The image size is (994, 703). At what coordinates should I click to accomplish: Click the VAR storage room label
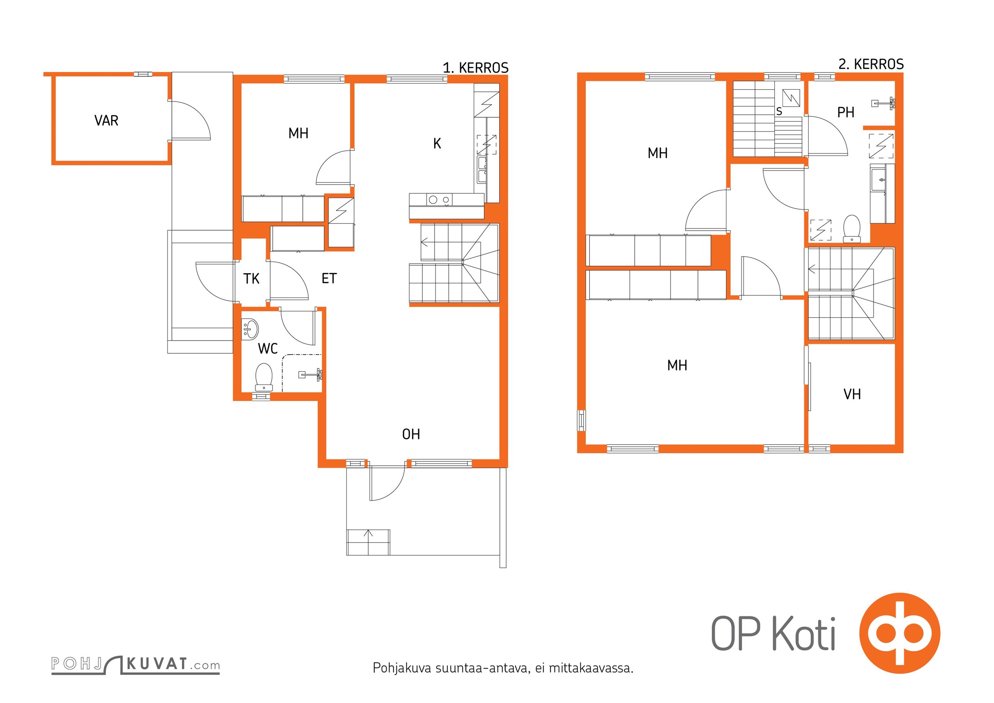coord(106,120)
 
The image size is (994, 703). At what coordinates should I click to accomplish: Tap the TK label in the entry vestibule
coord(251,279)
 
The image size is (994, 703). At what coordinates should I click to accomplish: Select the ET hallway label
coord(329,278)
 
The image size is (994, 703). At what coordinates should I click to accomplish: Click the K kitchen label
coord(437,143)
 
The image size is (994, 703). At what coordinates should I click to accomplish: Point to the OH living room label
coord(411,434)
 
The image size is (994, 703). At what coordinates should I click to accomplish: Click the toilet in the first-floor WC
coord(264,377)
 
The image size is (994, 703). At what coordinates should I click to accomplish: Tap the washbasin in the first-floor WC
coord(250,329)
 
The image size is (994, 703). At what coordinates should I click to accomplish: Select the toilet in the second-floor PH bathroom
coord(852,228)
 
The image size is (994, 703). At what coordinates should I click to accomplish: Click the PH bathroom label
coord(845,112)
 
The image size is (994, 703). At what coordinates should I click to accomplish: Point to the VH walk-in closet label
coord(852,394)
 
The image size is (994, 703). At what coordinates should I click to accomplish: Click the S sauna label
coord(779,112)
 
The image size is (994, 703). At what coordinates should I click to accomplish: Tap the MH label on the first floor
coord(298,133)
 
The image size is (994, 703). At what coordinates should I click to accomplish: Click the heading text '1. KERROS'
coord(475,68)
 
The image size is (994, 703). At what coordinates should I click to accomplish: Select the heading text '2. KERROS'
coord(871,64)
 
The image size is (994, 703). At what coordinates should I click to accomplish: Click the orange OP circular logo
coord(900,633)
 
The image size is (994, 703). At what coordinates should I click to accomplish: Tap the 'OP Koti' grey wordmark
coord(773,633)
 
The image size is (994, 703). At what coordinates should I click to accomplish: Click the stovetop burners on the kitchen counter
coord(439,200)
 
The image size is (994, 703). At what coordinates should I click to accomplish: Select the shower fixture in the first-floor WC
coord(311,375)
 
